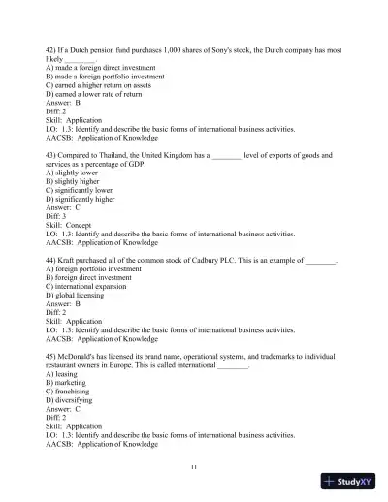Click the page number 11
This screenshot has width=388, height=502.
194,469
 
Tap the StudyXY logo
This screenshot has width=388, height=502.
348,480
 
